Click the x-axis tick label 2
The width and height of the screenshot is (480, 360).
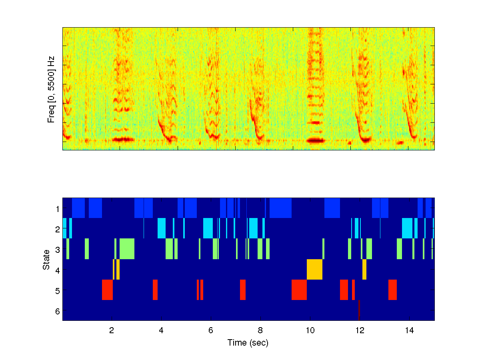coord(112,331)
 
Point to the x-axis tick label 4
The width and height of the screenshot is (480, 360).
coord(161,331)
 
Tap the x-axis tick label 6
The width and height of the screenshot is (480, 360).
coord(211,331)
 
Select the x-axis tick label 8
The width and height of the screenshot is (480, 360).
coord(260,331)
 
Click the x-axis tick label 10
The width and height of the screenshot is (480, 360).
coord(310,331)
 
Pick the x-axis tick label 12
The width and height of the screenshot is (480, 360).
coord(360,331)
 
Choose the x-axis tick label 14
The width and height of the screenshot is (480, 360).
coord(409,331)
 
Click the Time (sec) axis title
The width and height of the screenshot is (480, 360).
coord(248,343)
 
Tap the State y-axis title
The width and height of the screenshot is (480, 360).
coord(46,259)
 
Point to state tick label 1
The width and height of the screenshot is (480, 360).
coord(57,208)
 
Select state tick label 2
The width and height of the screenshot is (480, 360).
coord(57,229)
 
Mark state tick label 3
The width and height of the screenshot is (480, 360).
coord(57,249)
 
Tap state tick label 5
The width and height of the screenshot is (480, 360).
coord(57,290)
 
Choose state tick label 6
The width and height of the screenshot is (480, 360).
coord(57,310)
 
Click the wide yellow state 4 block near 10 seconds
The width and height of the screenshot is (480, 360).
coord(314,270)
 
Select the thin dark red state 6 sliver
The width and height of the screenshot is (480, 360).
coord(359,310)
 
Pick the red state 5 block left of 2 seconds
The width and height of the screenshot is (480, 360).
coord(107,290)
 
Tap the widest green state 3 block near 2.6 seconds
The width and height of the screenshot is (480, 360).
coord(127,249)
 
